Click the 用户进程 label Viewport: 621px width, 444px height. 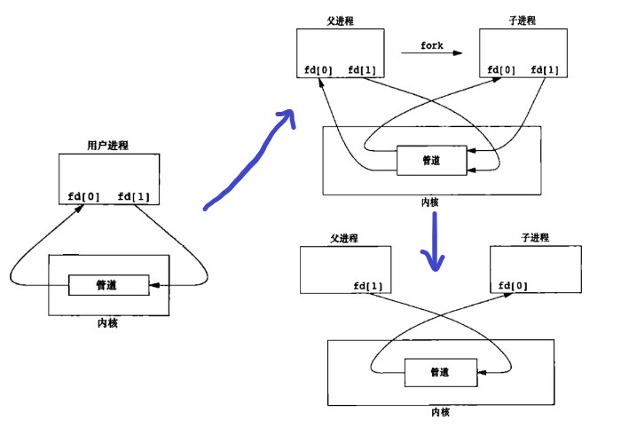(107, 145)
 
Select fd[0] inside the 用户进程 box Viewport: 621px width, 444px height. (84, 196)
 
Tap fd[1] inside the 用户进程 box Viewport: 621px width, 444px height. (134, 196)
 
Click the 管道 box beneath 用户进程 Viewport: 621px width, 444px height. (108, 285)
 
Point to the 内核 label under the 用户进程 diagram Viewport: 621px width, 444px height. (107, 323)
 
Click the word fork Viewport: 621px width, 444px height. (431, 45)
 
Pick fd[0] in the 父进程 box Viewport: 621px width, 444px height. (316, 70)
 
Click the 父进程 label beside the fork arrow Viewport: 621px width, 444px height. (340, 21)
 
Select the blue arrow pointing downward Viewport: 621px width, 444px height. (433, 242)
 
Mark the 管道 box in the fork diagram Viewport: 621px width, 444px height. (430, 161)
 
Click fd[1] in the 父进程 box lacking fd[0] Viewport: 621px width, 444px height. (367, 285)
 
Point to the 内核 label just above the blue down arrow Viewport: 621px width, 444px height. (430, 202)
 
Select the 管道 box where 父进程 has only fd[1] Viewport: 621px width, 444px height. (439, 372)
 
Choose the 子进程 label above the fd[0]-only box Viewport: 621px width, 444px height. (531, 238)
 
